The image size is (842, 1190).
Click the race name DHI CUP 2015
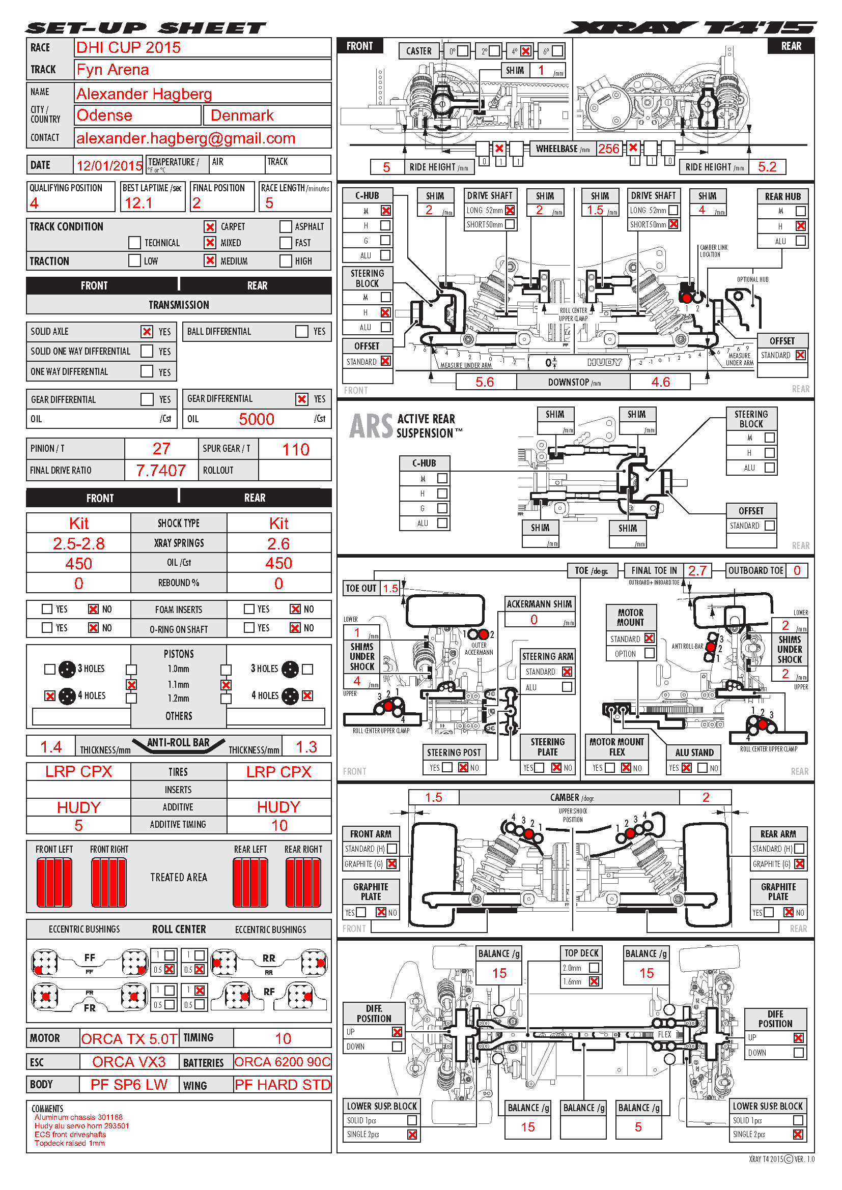coord(128,48)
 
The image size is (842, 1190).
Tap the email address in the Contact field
coord(186,138)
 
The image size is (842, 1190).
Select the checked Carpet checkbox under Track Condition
coord(210,226)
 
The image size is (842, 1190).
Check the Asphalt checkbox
coord(286,226)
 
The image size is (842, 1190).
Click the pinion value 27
coord(161,449)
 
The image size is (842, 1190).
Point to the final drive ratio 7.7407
coord(161,470)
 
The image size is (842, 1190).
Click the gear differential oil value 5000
coord(256,419)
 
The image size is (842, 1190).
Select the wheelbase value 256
coord(609,149)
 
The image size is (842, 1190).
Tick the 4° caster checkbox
coord(526,51)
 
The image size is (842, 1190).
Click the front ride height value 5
coord(386,167)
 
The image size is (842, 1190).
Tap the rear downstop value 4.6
coord(661,382)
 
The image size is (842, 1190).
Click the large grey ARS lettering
coord(371,426)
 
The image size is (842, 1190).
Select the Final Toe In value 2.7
coord(697,571)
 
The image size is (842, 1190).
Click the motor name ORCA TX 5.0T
coord(129,1039)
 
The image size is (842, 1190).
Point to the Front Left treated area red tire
coord(54,882)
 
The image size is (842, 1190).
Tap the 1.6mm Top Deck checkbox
coord(594,981)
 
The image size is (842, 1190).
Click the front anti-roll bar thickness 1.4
coord(51,747)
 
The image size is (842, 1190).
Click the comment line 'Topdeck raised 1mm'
coord(69,1143)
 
